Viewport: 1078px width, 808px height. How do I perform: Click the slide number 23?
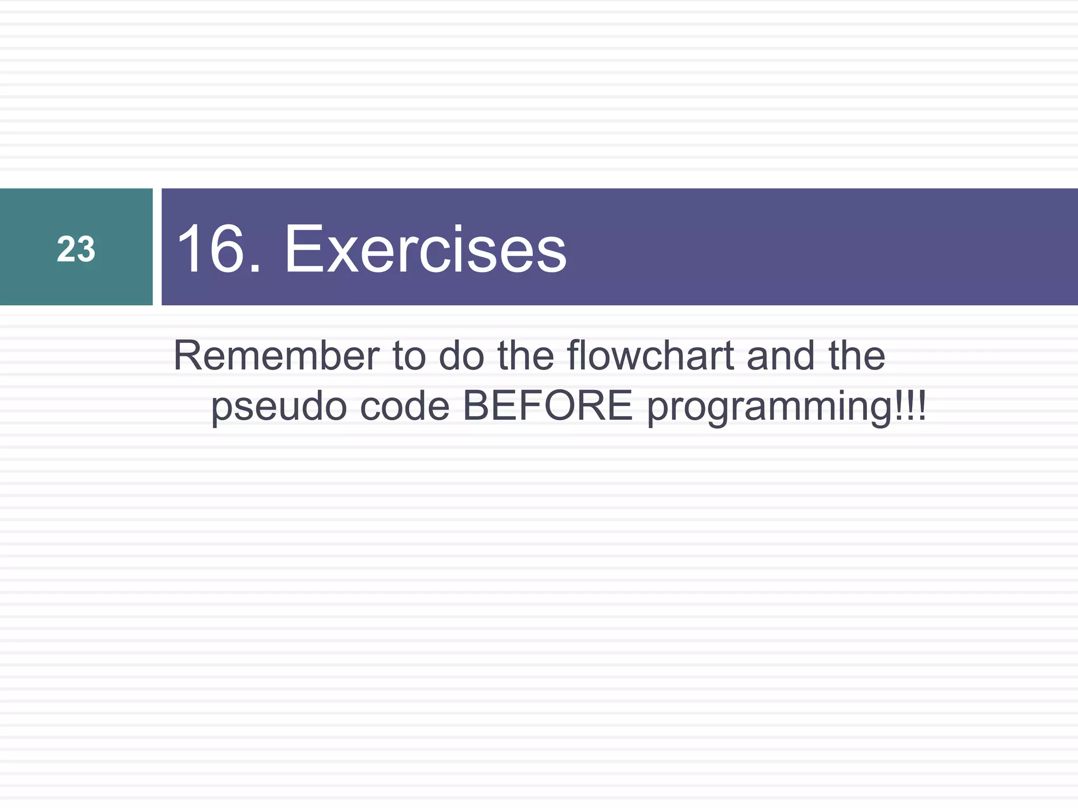(x=76, y=249)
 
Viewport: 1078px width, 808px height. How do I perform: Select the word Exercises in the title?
(x=425, y=249)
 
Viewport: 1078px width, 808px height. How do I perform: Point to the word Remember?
(x=276, y=356)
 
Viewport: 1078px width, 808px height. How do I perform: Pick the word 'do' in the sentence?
(x=461, y=356)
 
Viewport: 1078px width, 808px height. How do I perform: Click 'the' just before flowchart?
(x=525, y=356)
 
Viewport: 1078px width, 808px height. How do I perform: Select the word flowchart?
(x=651, y=356)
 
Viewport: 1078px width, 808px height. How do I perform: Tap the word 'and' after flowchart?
(x=781, y=356)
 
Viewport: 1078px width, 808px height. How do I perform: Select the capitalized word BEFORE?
(x=547, y=406)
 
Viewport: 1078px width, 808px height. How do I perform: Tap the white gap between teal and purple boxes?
(x=157, y=247)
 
